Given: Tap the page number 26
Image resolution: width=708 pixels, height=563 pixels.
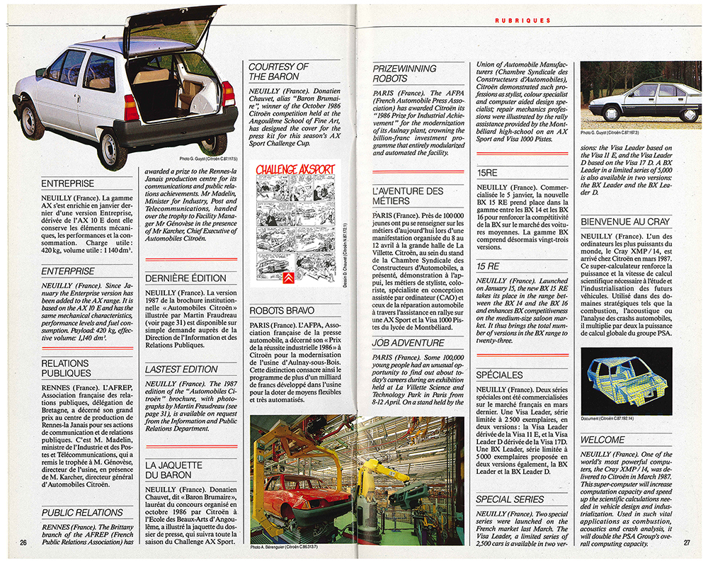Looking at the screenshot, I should pos(23,543).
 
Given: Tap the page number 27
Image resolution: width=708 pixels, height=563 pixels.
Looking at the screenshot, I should pos(686,543).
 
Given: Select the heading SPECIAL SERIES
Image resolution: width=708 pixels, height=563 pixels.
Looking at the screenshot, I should pos(510,499).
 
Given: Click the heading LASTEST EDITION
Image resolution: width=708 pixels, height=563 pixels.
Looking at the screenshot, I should pos(181,369).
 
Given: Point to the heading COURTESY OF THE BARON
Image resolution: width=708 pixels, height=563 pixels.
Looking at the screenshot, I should pos(278,72).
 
